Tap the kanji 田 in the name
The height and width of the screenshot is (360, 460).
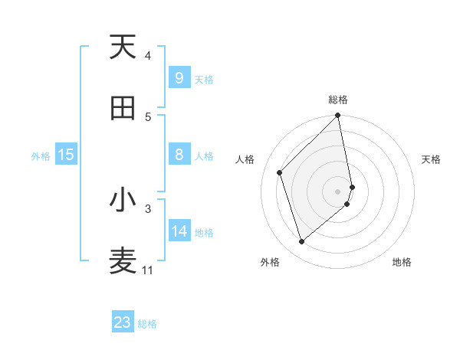[x=123, y=108]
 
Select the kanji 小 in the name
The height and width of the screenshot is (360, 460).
[x=123, y=200]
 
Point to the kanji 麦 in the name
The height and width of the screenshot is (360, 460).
[x=123, y=261]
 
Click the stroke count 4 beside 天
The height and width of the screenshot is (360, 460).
[x=148, y=56]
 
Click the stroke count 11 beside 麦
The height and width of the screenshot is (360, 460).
[x=148, y=270]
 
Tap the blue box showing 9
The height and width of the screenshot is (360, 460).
[x=179, y=77]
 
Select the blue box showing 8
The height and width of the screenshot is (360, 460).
[x=179, y=155]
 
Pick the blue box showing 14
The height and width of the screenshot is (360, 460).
[x=179, y=231]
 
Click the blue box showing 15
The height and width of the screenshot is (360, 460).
[x=66, y=155]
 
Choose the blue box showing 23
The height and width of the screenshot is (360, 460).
[x=123, y=322]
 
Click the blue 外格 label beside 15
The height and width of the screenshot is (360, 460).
[x=41, y=156]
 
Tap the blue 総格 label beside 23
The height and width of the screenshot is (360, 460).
[x=148, y=324]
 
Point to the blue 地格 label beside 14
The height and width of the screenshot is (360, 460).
[x=204, y=233]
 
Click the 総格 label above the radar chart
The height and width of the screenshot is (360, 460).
[x=338, y=100]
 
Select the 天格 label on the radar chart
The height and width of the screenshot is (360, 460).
[x=431, y=159]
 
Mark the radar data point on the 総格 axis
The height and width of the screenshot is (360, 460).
[x=338, y=116]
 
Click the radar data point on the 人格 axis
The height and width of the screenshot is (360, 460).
[x=280, y=172]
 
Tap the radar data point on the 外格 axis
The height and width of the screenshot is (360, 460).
[x=302, y=242]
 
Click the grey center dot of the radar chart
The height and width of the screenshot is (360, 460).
[x=338, y=191]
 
